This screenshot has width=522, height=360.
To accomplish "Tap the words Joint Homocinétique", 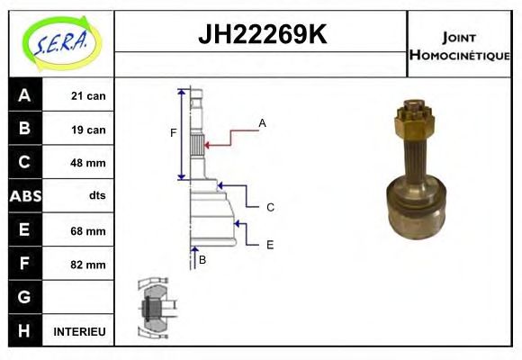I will click(459, 45).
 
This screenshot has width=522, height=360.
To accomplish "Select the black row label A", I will click(24, 95).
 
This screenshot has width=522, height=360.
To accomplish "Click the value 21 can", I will click(88, 95).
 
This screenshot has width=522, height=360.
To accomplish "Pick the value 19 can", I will click(88, 130).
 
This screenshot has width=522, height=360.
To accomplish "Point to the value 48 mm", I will click(88, 163).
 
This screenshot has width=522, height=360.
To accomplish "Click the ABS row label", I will click(24, 196).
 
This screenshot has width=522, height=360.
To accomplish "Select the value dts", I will click(97, 196).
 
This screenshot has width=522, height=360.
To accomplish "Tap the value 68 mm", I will click(88, 230).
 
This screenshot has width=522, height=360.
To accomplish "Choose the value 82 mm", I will click(88, 265).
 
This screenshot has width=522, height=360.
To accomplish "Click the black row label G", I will click(24, 298).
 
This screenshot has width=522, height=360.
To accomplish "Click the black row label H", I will click(24, 332).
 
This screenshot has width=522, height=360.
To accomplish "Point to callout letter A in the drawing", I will click(262, 122).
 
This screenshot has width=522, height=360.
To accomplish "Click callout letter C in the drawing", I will click(270, 208).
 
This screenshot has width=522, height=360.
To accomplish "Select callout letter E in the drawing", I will click(270, 244).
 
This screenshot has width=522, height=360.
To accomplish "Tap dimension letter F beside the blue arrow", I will click(173, 134).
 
